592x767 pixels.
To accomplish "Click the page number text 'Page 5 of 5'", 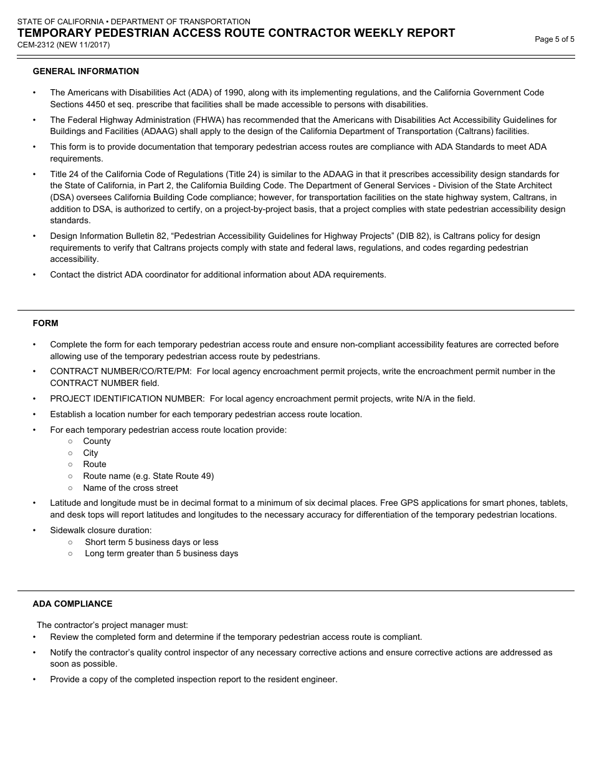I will (x=555, y=39).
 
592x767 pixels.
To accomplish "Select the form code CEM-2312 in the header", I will (x=36, y=45).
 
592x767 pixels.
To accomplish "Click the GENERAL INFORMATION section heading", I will (x=86, y=72).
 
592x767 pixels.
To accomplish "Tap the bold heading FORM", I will (x=45, y=324).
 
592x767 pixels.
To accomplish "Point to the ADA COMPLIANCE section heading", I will (x=72, y=604).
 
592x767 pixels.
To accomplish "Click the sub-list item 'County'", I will (x=97, y=441).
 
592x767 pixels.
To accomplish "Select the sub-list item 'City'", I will (x=90, y=453).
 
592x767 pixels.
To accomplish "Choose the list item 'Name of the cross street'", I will (x=130, y=488).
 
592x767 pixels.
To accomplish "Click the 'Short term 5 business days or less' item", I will (x=151, y=543).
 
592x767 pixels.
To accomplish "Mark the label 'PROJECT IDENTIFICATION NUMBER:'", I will (x=127, y=399).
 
